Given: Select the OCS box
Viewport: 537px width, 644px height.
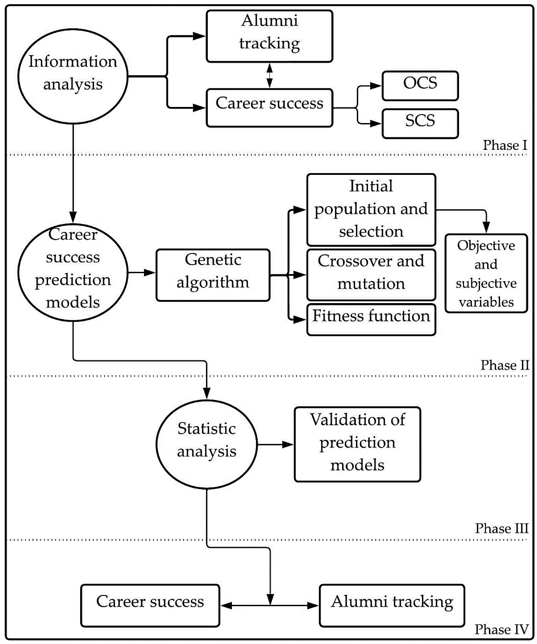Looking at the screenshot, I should pos(420,86).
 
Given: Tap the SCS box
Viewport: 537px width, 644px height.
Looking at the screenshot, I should pos(420,123).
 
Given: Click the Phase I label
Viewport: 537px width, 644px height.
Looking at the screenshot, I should pos(505,145).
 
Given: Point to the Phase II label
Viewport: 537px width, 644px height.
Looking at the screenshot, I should pos(504,365).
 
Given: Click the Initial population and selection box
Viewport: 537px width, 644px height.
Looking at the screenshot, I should pos(371,209).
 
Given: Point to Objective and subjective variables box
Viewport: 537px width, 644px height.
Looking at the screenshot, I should pos(486,273).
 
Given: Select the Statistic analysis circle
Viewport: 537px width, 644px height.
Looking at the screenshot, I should pos(207,444).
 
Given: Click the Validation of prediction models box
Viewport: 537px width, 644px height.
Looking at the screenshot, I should pos(357,444).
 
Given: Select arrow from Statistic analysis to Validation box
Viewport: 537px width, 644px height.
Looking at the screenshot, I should pos(275,444).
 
